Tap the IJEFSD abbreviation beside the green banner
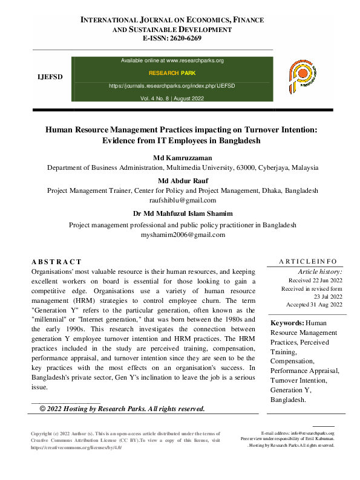tap(50, 78)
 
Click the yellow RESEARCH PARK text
tap(172, 73)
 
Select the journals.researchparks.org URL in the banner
tap(172, 86)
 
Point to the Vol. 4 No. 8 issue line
tap(172, 98)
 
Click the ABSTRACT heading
tap(56, 262)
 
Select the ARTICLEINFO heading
tap(308, 261)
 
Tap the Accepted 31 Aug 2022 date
tap(313, 304)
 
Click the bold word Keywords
tap(287, 323)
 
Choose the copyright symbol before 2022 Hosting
tap(43, 409)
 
